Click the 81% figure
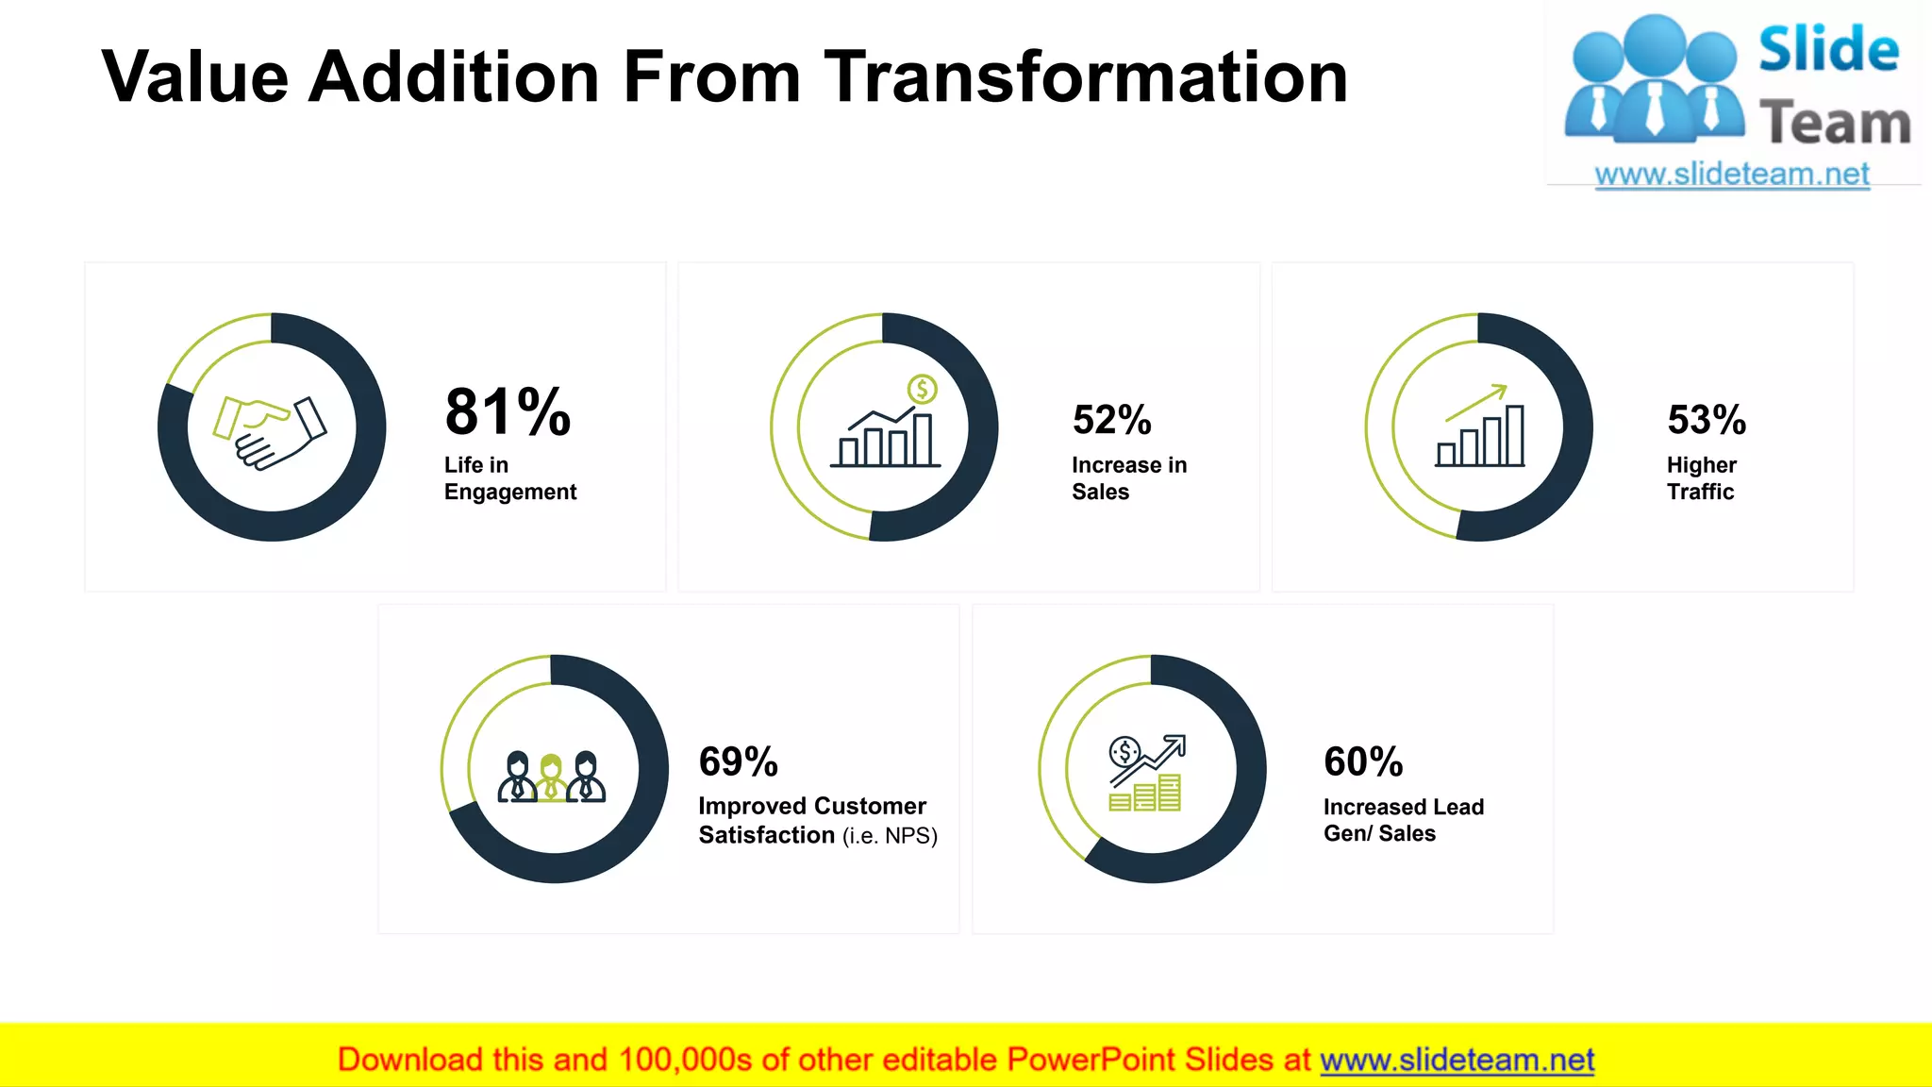[508, 412]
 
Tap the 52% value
[1111, 420]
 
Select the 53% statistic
[1706, 420]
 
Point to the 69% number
[738, 761]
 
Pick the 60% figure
[1362, 761]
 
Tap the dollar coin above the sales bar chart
[922, 388]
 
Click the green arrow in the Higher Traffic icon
[1476, 402]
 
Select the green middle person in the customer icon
[551, 778]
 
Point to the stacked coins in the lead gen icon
[1145, 794]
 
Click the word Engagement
[510, 492]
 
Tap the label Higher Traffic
[1701, 478]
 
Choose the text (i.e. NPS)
[890, 836]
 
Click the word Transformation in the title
[1086, 77]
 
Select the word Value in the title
[194, 77]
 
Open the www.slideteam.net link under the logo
[1731, 175]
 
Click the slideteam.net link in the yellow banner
[1457, 1060]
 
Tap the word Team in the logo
[1834, 124]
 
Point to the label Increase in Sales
[1128, 478]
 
